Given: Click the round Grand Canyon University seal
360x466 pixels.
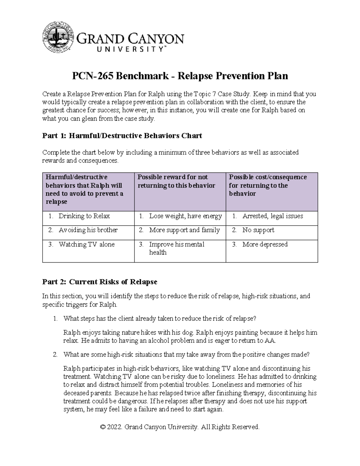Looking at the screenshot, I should (58, 37).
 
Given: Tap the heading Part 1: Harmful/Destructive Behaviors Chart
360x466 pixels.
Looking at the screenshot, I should (122, 136).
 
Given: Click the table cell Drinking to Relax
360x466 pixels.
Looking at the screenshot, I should (84, 216).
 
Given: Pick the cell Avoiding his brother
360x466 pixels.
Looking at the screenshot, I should (88, 230).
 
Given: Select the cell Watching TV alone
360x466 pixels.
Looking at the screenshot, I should (86, 245).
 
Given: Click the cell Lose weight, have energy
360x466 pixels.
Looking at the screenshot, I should (185, 216).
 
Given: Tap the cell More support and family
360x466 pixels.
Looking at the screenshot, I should (184, 230).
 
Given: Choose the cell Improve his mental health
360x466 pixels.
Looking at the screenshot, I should (176, 248).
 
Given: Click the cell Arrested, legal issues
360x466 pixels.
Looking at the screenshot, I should (272, 216).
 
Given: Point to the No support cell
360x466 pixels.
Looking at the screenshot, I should (258, 230).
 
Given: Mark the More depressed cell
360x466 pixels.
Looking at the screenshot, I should (265, 245).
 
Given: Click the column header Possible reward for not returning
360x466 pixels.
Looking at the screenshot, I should (176, 181).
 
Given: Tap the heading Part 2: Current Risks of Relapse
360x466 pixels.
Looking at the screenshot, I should (100, 282).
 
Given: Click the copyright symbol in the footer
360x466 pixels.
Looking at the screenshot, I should (103, 427).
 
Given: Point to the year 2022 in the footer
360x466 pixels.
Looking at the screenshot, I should (115, 427).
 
